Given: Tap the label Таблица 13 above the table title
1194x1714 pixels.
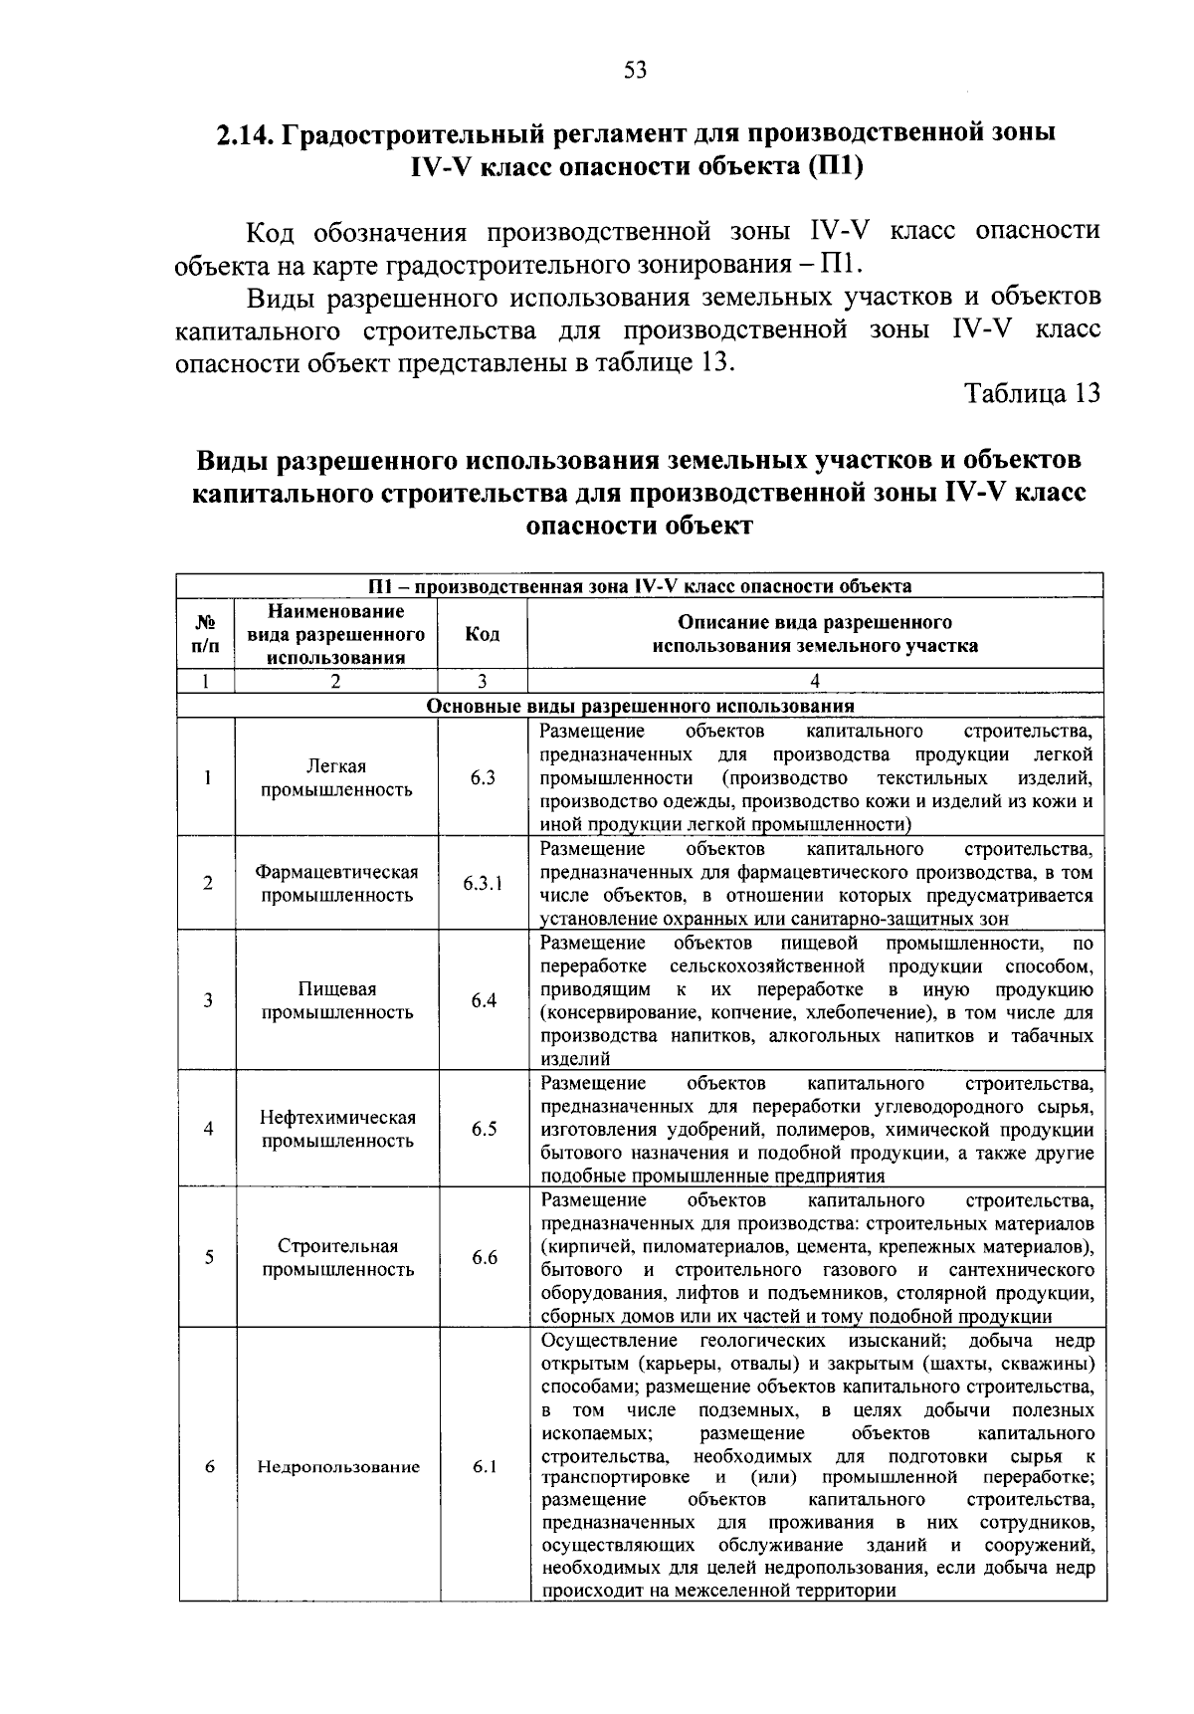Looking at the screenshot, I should [1033, 393].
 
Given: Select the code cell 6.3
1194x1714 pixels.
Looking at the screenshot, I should [484, 778].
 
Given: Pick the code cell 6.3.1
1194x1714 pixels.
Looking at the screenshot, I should [484, 883].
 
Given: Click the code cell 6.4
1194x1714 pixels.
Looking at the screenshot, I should [484, 1000].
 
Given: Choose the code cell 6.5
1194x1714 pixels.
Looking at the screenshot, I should [484, 1129].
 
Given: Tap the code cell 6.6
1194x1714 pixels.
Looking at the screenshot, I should [484, 1257].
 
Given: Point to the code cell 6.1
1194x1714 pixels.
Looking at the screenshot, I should [484, 1466].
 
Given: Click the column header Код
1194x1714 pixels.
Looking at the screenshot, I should [483, 634].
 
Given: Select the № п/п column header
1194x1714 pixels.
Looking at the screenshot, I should [207, 634].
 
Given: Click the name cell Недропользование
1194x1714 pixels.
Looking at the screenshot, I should [338, 1467].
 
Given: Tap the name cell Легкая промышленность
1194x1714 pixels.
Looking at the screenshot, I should [336, 778].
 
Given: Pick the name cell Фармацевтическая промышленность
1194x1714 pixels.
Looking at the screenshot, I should [336, 883].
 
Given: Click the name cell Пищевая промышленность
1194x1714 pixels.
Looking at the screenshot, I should [336, 1000].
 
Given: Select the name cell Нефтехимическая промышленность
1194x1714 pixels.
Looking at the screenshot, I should [336, 1129].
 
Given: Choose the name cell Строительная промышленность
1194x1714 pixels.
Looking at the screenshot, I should [336, 1257].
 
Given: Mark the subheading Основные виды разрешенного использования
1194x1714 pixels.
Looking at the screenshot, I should [641, 706].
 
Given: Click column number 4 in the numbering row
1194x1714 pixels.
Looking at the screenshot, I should [815, 682].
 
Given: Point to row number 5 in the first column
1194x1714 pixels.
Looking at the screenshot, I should [208, 1257].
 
